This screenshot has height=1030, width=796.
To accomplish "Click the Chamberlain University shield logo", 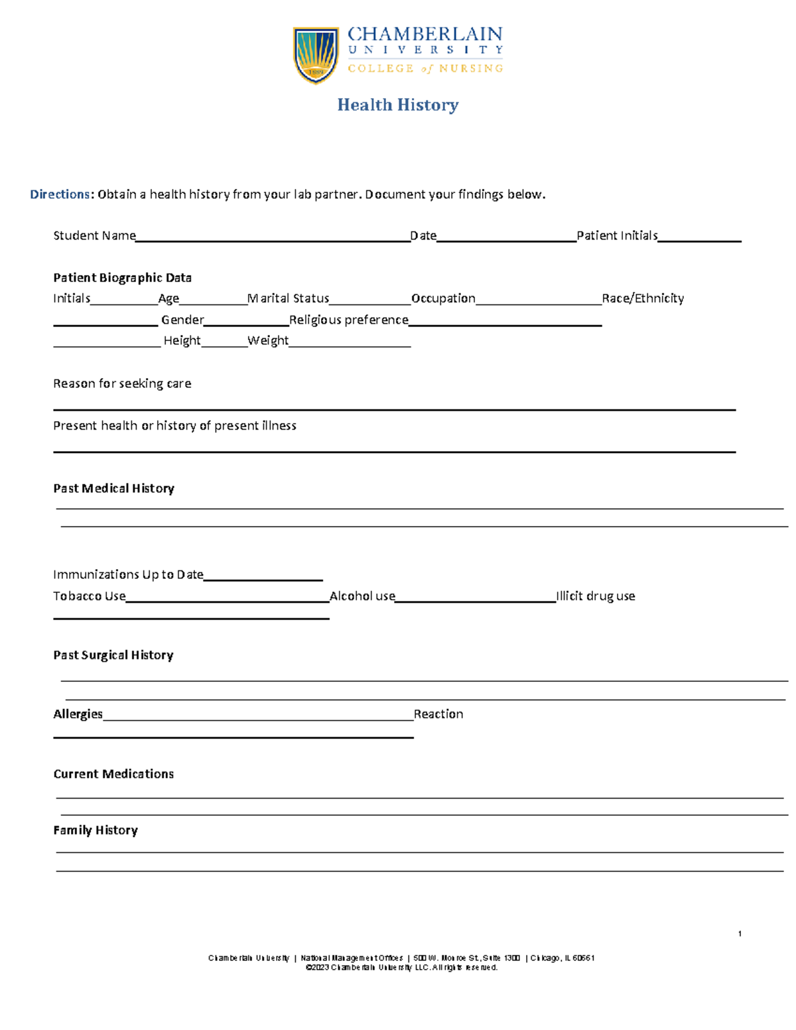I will click(316, 55).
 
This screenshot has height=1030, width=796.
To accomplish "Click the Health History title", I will click(398, 105).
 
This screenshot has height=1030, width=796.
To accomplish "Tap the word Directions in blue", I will click(60, 194).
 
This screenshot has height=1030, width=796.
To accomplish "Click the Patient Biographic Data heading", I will click(122, 278).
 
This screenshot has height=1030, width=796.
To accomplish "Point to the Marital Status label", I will click(289, 298).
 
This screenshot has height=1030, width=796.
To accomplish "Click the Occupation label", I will click(443, 298).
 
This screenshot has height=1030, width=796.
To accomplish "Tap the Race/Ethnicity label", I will click(643, 298).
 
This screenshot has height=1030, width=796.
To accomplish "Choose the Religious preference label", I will click(349, 320).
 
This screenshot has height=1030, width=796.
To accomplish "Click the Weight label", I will click(268, 340).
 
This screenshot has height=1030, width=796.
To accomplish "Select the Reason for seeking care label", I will click(122, 383).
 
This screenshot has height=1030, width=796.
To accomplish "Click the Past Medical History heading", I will click(113, 488).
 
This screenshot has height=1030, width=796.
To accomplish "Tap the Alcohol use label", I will click(362, 596).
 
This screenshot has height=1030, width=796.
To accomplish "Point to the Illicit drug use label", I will click(596, 596).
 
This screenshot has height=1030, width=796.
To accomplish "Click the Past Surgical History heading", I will click(113, 655).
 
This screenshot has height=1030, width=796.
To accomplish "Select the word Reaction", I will click(438, 714).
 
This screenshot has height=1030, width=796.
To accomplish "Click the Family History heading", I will click(96, 830).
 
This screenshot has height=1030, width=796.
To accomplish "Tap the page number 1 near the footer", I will click(740, 934).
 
